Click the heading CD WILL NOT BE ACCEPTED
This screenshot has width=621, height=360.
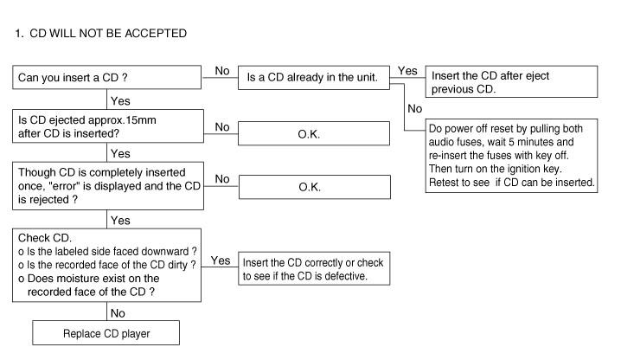coord(108,33)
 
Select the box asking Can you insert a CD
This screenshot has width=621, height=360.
coord(107,77)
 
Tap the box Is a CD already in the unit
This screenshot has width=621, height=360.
coord(314,78)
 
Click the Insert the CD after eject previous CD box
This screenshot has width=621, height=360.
coord(511,81)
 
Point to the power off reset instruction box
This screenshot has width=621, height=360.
coord(511,156)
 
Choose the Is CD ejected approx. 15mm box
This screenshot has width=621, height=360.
coord(108,126)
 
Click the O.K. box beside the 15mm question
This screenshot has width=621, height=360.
coord(314,133)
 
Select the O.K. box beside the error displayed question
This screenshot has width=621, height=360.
coord(315,187)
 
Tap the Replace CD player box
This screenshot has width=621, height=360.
coord(106,332)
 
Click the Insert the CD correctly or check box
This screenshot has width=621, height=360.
coord(314,268)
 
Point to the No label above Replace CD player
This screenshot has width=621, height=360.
coord(118,313)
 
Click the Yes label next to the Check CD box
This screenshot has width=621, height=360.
coord(221,260)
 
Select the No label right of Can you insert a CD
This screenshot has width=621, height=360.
coord(222,71)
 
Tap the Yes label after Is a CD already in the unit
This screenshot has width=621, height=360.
coord(407,71)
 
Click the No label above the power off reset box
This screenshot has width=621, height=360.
coord(415,109)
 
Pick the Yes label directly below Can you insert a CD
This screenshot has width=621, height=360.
coord(120,101)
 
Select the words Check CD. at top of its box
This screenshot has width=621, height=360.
coord(45,238)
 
